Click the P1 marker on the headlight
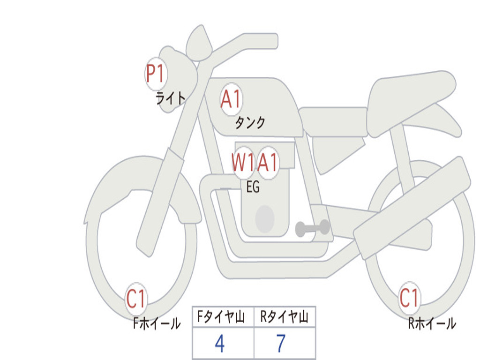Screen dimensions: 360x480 coord(156,74)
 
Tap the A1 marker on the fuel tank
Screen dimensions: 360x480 coord(231,99)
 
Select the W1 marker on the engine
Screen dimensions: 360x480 coord(243,163)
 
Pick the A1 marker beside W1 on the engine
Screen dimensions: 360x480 coord(268,163)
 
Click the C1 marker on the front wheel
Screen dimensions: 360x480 coord(136,299)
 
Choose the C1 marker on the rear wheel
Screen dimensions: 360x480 coord(409,298)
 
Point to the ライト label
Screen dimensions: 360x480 coord(171,98)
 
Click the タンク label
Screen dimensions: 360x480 coord(250,123)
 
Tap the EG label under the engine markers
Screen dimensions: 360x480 coord(253,187)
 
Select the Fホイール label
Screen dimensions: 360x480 coord(157,323)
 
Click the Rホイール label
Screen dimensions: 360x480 coord(431,323)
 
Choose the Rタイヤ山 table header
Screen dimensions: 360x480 coord(285,318)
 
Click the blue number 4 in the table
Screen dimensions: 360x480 coord(219,344)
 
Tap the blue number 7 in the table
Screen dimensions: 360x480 coord(281,344)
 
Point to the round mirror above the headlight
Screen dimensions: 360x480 coord(199,44)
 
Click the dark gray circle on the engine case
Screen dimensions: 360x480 coord(265,219)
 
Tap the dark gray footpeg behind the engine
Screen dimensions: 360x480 coord(312,228)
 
